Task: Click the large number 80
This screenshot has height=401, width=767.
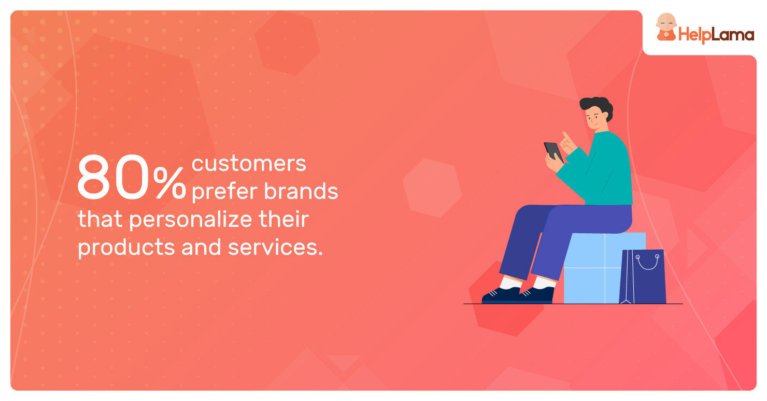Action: pos(113,177)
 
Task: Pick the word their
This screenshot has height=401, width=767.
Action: pos(284,219)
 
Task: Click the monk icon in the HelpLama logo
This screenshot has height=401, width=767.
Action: pos(666,27)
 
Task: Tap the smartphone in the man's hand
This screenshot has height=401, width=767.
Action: pos(553,152)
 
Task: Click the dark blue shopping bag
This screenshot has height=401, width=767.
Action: pos(643,277)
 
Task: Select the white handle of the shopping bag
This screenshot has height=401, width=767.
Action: pos(647,263)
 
